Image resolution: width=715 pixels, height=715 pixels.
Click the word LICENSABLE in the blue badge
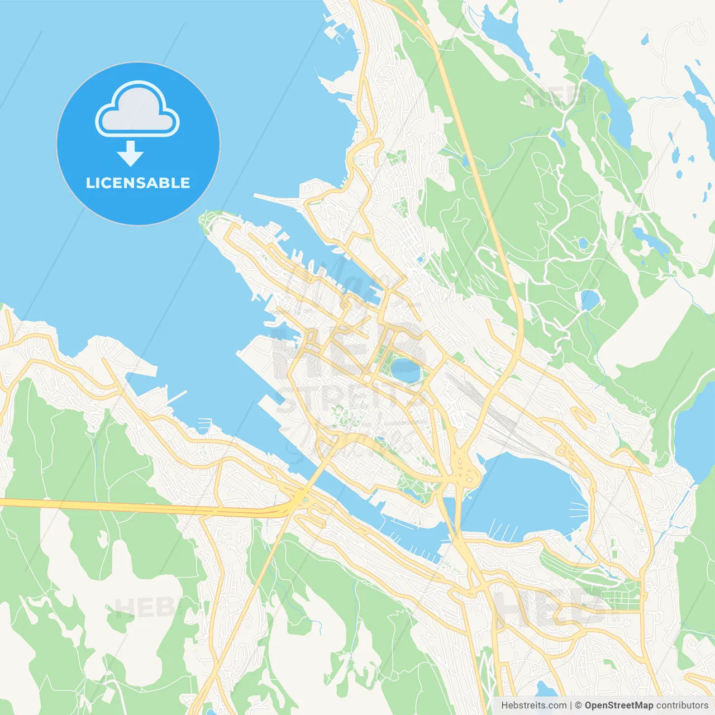(138, 183)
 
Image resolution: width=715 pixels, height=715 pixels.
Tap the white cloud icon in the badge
(137, 110)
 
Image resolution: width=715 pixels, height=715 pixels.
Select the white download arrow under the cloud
(130, 153)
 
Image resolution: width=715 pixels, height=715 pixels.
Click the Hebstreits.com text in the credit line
(533, 706)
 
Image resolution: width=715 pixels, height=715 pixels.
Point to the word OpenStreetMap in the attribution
(619, 706)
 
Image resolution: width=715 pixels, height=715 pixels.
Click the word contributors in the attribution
(682, 706)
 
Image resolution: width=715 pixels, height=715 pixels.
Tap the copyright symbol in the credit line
(578, 706)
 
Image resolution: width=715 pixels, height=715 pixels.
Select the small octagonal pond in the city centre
(405, 370)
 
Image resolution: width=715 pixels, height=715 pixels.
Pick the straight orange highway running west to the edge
(112, 506)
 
